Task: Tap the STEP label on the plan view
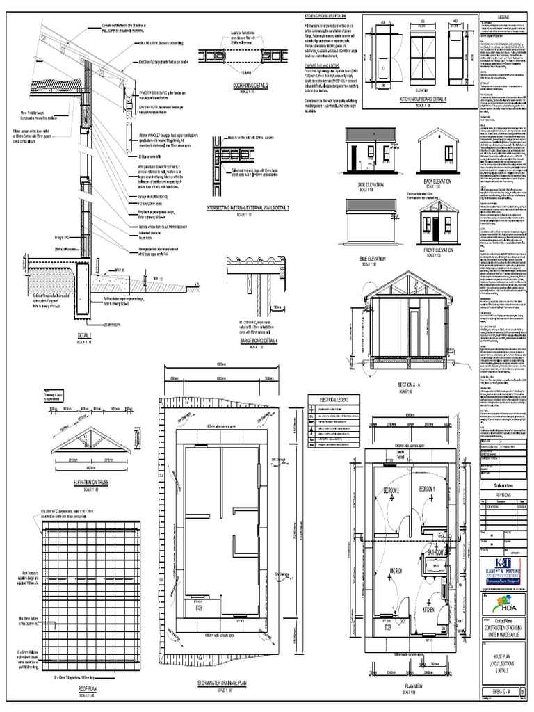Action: [388, 626]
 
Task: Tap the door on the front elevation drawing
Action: [435, 229]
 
